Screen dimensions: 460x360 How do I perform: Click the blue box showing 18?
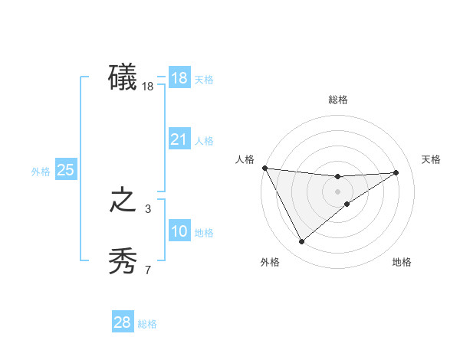pyautogui.click(x=179, y=78)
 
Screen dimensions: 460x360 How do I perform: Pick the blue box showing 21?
pyautogui.click(x=179, y=139)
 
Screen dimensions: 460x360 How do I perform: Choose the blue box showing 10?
pyautogui.click(x=179, y=231)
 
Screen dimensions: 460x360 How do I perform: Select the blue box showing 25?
pyautogui.click(x=65, y=170)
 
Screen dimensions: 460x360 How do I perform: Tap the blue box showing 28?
pyautogui.click(x=123, y=322)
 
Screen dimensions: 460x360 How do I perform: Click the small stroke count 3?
pyautogui.click(x=148, y=208)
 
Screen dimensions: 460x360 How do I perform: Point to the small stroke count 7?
pyautogui.click(x=148, y=270)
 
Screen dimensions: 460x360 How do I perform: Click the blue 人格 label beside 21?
pyautogui.click(x=204, y=141)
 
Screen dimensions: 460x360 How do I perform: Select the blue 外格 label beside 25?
pyautogui.click(x=41, y=172)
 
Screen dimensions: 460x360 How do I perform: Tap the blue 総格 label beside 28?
pyautogui.click(x=147, y=324)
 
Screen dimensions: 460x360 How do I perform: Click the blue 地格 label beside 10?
pyautogui.click(x=204, y=233)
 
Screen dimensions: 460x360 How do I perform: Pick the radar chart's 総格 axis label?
pyautogui.click(x=337, y=100)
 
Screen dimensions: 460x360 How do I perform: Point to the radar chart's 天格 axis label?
pyautogui.click(x=432, y=159)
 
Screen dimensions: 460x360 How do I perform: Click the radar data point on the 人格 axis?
pyautogui.click(x=264, y=168)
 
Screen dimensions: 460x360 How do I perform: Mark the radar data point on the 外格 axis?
pyautogui.click(x=301, y=241)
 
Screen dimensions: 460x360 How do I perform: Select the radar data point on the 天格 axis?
pyautogui.click(x=396, y=172)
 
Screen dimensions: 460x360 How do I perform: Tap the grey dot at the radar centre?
pyautogui.click(x=337, y=191)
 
